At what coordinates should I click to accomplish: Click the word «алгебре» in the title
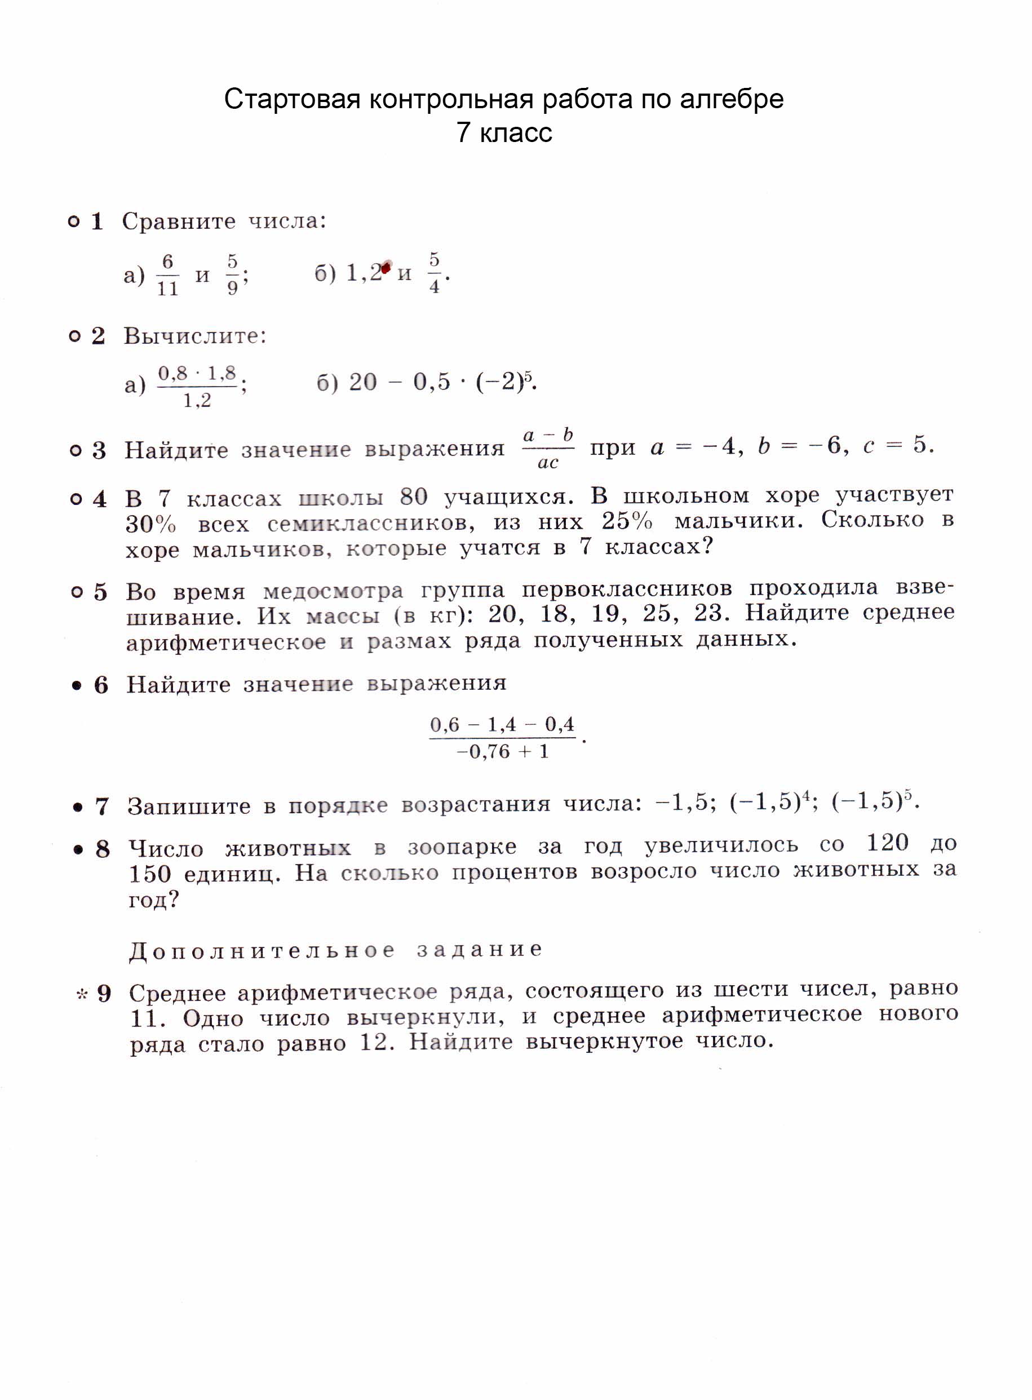(731, 99)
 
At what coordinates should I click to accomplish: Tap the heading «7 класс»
(504, 133)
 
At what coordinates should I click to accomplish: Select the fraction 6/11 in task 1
(167, 275)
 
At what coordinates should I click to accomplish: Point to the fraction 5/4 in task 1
(434, 273)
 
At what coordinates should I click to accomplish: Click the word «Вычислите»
(194, 336)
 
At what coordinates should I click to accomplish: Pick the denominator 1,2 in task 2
(197, 401)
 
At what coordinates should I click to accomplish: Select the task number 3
(99, 450)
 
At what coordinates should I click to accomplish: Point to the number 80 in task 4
(414, 497)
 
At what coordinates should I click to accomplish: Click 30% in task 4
(150, 524)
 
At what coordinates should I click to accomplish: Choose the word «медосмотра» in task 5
(333, 590)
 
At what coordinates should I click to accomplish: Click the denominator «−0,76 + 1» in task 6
(502, 751)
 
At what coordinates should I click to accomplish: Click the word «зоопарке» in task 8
(462, 847)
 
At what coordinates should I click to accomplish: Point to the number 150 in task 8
(150, 874)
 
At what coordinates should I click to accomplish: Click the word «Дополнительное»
(262, 950)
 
